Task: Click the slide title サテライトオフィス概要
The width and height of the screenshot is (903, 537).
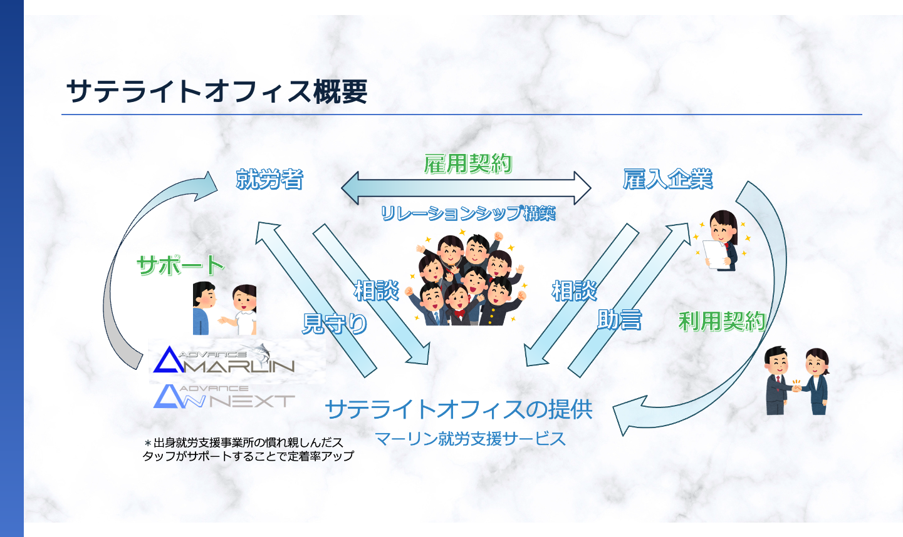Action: coord(216,91)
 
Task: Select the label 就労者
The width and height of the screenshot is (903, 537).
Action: coord(269,180)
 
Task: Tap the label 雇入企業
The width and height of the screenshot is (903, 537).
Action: coord(667,180)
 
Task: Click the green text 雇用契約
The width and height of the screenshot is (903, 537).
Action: coord(468,164)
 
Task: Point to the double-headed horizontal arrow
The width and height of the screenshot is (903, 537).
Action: coord(466,187)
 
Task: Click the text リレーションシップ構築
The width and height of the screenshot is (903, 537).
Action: coord(468,213)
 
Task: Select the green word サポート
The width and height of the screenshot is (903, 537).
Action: coord(180,265)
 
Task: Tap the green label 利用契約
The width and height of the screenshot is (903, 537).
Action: coord(722,322)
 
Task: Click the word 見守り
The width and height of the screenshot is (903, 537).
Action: coord(335,324)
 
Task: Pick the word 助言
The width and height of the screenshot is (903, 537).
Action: coord(619,320)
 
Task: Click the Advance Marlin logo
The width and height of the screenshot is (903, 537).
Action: coord(224,359)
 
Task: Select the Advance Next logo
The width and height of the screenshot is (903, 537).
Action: coord(224,397)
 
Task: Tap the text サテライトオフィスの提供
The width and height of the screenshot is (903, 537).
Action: coord(459,409)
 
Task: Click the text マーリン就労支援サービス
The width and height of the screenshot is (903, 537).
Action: coord(470,439)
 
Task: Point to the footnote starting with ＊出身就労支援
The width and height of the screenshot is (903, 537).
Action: coord(248,449)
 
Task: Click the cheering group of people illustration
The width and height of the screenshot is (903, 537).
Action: coord(467,280)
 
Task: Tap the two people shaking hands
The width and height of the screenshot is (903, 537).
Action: coord(796,381)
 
